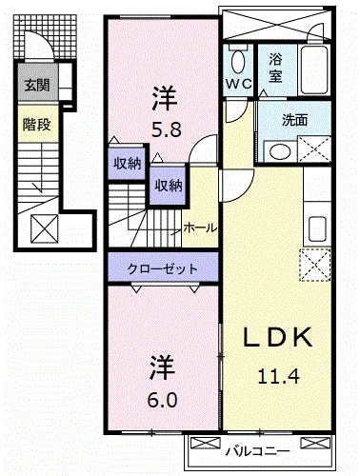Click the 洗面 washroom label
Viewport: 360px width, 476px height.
pyautogui.click(x=294, y=120)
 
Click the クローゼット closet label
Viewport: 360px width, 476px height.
pyautogui.click(x=164, y=269)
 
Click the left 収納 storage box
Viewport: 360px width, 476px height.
pyautogui.click(x=127, y=163)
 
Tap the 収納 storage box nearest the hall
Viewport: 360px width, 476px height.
pyautogui.click(x=169, y=186)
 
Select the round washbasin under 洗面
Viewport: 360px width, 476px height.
pyautogui.click(x=279, y=150)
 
